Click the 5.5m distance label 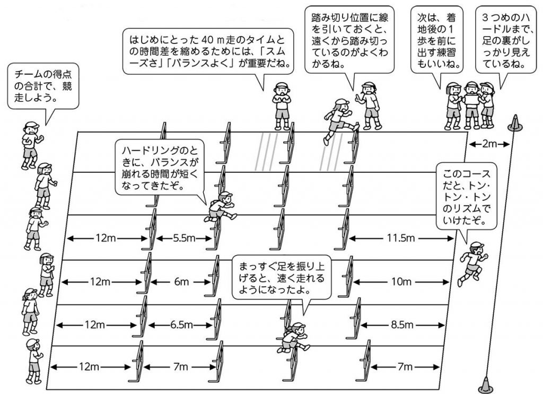pyautogui.click(x=184, y=238)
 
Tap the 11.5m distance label pyautogui.click(x=401, y=238)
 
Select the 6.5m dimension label pyautogui.click(x=181, y=325)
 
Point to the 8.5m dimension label pyautogui.click(x=402, y=325)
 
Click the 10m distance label pyautogui.click(x=401, y=282)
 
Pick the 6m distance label pyautogui.click(x=181, y=282)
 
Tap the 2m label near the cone pyautogui.click(x=489, y=144)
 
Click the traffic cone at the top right pyautogui.click(x=514, y=123)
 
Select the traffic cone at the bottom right pyautogui.click(x=486, y=384)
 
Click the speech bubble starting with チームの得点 pyautogui.click(x=43, y=86)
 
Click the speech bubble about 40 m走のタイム pyautogui.click(x=209, y=52)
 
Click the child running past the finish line pyautogui.click(x=472, y=263)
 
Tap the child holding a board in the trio pyautogui.click(x=471, y=104)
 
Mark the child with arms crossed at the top pyautogui.click(x=283, y=106)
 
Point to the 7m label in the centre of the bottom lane pyautogui.click(x=180, y=366)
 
